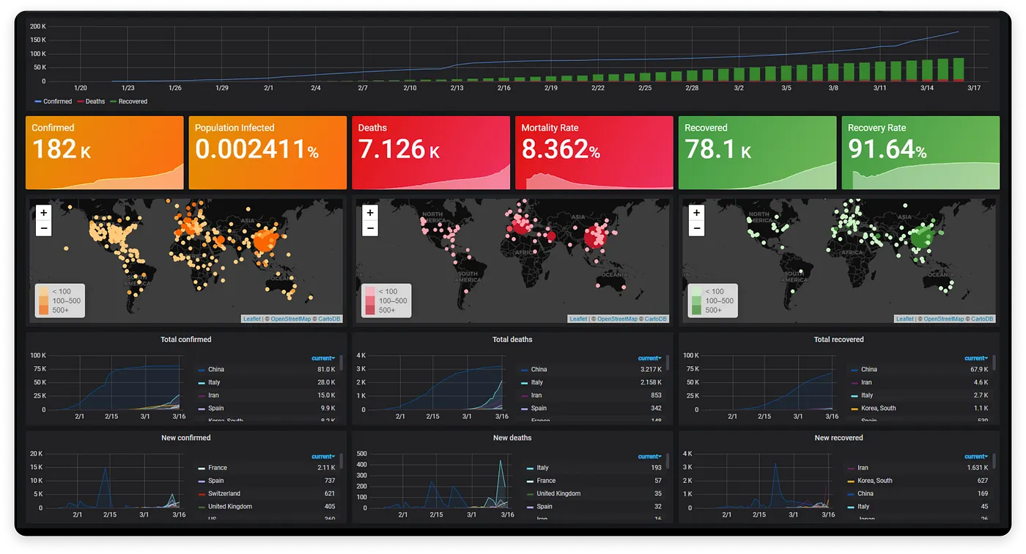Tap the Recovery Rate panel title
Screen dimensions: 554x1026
click(x=876, y=128)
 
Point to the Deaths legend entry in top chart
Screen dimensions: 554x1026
click(x=92, y=101)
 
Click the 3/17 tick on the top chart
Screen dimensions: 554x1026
click(x=974, y=88)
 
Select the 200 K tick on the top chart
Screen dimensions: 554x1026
click(x=38, y=26)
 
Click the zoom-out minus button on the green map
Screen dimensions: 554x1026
click(x=696, y=228)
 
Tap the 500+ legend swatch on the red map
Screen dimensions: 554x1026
click(x=370, y=310)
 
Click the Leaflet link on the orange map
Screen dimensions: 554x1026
click(x=251, y=319)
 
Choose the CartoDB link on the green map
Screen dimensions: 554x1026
click(x=983, y=319)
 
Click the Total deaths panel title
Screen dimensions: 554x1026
click(x=512, y=340)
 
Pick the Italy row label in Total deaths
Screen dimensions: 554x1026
click(x=537, y=382)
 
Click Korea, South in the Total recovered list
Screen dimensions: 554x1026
click(x=878, y=408)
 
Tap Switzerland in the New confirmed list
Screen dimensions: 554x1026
click(x=224, y=494)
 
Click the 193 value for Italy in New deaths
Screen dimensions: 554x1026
click(x=655, y=468)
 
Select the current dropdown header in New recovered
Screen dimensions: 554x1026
click(x=977, y=456)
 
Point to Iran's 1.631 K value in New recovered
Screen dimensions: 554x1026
click(x=978, y=468)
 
